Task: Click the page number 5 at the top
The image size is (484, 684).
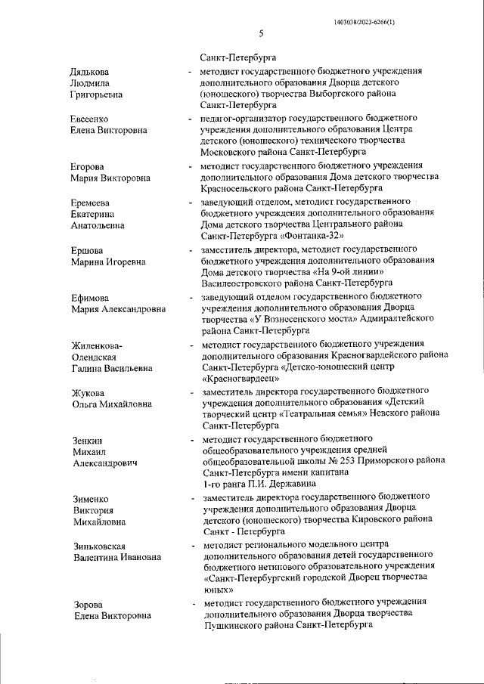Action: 260,33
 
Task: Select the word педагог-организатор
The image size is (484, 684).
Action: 239,118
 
